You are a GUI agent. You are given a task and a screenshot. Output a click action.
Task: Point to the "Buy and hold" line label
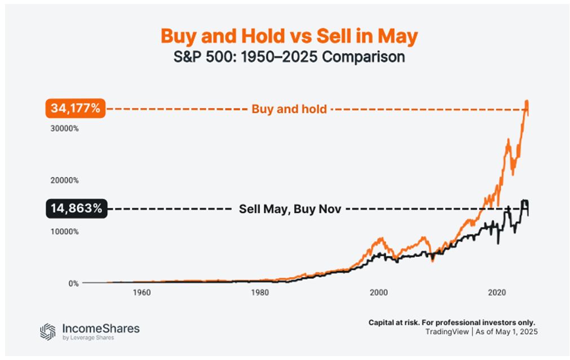click(x=289, y=109)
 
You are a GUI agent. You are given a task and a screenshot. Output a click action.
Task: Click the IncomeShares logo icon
click(x=48, y=331)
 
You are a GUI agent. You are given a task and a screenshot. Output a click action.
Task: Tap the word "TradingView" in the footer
click(x=447, y=332)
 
